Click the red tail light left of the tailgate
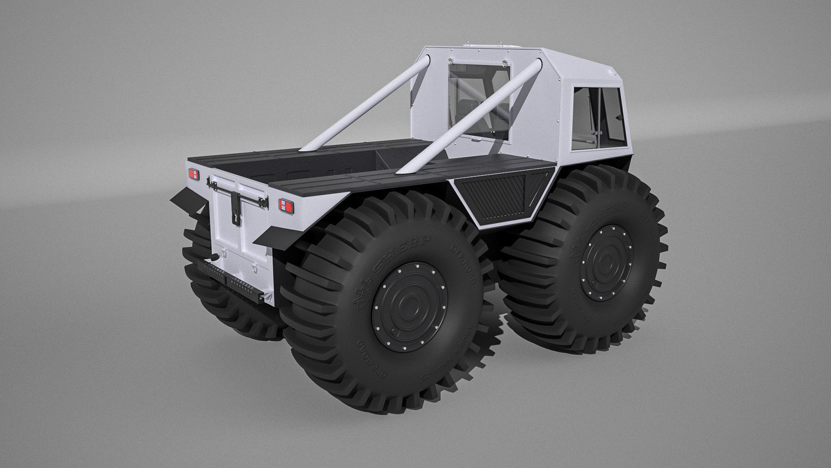(x=193, y=175)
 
